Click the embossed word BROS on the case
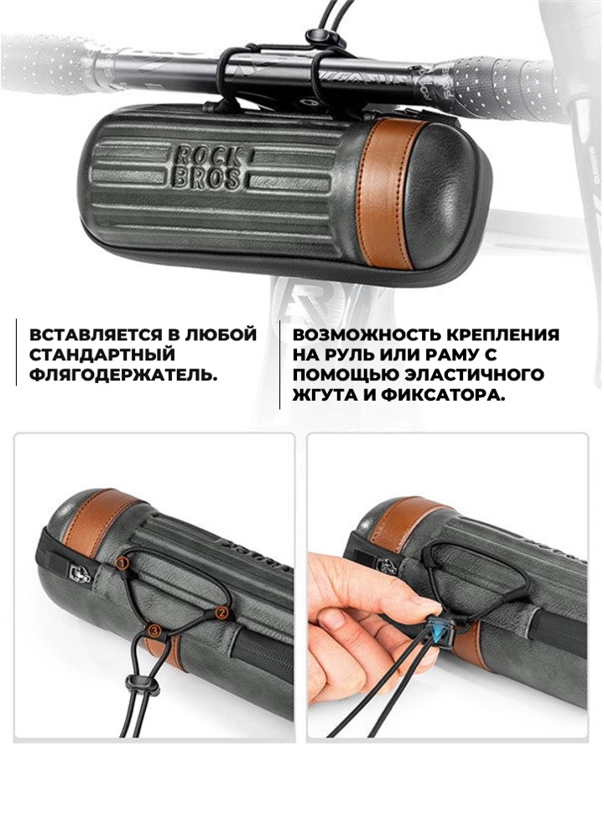point(206,178)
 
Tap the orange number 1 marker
point(122,562)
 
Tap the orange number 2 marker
point(221,613)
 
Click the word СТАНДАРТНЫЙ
point(102,355)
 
